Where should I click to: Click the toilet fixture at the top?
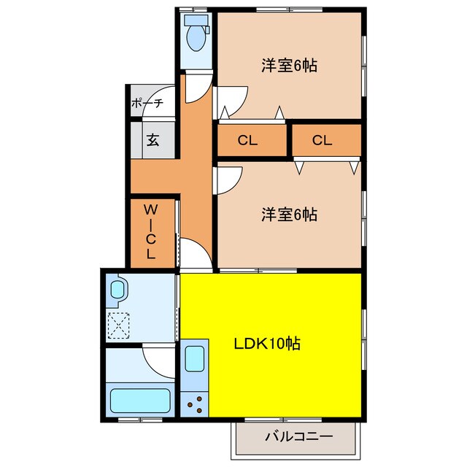tap(195, 32)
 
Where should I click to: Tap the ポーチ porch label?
tap(147, 104)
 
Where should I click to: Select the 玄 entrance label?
tap(153, 139)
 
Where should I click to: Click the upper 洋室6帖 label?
tap(290, 65)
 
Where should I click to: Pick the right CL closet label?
tap(322, 140)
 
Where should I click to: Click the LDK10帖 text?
tap(268, 343)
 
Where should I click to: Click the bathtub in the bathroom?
tap(139, 401)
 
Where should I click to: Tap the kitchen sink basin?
tap(194, 359)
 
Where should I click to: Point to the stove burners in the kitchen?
tap(195, 402)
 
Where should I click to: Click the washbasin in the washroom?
tap(118, 289)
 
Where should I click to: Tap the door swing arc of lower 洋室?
tap(229, 179)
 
